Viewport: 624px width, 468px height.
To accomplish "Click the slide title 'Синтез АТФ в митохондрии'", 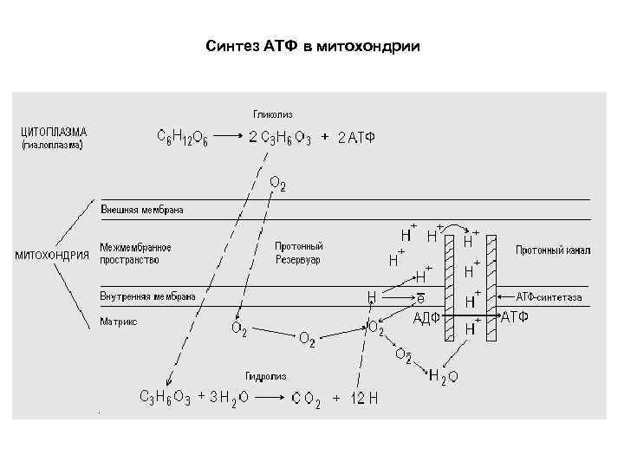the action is click(x=313, y=45).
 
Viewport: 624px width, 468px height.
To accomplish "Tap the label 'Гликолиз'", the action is click(x=273, y=113).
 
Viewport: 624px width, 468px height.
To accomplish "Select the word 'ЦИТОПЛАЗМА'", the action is click(x=54, y=132).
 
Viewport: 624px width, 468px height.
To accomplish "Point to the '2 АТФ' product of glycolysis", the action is click(x=355, y=138).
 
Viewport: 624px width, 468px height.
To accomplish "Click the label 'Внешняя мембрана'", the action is click(x=142, y=210).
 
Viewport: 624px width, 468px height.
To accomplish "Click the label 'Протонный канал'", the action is click(x=553, y=250).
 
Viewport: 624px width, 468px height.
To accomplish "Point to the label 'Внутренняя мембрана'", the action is click(x=148, y=296).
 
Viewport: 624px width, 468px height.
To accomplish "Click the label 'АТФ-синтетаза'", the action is click(x=549, y=297).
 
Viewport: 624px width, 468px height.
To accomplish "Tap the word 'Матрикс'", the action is click(x=119, y=321).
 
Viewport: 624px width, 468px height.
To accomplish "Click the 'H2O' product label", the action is click(x=443, y=376).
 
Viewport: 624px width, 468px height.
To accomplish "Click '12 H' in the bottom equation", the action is click(x=365, y=398).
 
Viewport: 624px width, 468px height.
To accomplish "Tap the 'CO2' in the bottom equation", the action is click(x=306, y=398).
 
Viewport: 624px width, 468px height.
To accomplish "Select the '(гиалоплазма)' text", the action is click(x=52, y=146).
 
